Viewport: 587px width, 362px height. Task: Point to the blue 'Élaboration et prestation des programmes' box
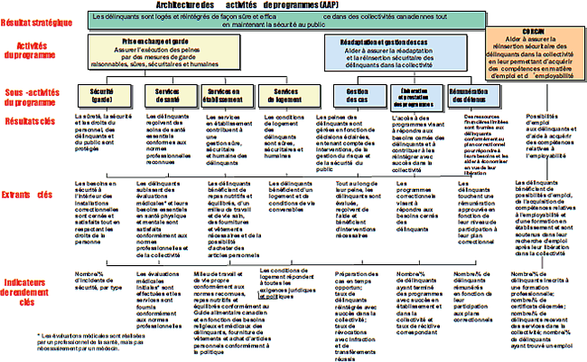point(415,97)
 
